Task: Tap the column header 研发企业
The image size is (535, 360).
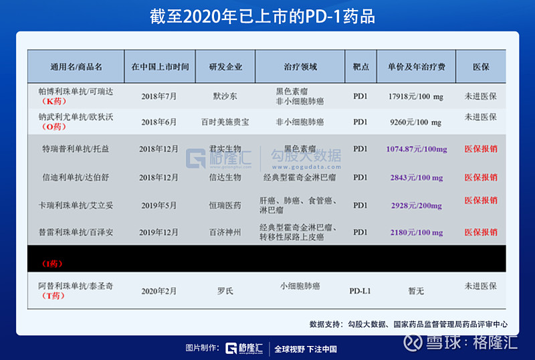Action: (225, 67)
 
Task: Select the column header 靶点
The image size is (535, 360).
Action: (360, 67)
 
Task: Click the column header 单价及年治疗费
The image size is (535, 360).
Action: (416, 67)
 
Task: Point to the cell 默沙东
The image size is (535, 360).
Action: (225, 96)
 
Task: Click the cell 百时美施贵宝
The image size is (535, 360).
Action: (225, 122)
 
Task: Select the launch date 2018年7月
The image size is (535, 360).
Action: (159, 96)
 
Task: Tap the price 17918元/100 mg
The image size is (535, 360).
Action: (415, 96)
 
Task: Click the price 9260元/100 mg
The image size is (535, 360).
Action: (415, 122)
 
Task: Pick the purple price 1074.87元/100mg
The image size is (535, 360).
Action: (417, 149)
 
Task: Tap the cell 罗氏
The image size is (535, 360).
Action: (225, 291)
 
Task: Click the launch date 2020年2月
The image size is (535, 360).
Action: (159, 291)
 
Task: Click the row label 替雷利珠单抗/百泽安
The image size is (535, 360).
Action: (76, 232)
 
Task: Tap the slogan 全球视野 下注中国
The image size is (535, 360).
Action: (306, 349)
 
